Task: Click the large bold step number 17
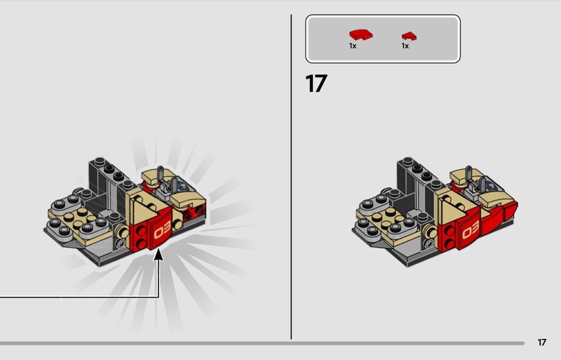pyautogui.click(x=316, y=84)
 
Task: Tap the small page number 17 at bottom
pyautogui.click(x=541, y=342)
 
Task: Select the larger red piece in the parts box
pyautogui.click(x=360, y=35)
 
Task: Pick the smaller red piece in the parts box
pyautogui.click(x=409, y=36)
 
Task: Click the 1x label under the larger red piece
pyautogui.click(x=353, y=46)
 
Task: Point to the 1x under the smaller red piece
pyautogui.click(x=405, y=46)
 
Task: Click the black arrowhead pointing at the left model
pyautogui.click(x=158, y=255)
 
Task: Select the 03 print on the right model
pyautogui.click(x=471, y=229)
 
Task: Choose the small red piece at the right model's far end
pyautogui.click(x=511, y=212)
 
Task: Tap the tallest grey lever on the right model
pyautogui.click(x=468, y=175)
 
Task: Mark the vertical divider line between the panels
pyautogui.click(x=291, y=177)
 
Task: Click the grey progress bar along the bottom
pyautogui.click(x=262, y=343)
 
